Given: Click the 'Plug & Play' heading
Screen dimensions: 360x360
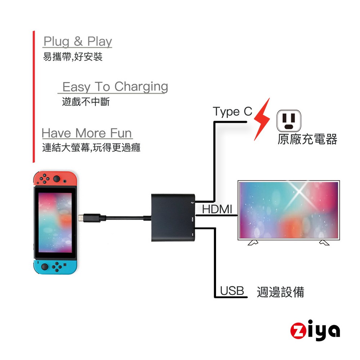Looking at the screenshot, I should (78, 42).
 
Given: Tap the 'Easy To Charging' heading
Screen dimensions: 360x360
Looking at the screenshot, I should (115, 87).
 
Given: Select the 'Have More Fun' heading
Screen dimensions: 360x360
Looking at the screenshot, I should (87, 133).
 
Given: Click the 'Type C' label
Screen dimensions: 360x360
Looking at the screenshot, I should (232, 112).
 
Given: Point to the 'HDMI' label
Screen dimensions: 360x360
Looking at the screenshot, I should (217, 209).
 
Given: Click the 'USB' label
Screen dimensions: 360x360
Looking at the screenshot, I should (232, 291).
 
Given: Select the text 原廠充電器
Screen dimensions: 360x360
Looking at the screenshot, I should (307, 140).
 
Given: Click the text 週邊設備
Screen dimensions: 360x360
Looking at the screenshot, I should (280, 292).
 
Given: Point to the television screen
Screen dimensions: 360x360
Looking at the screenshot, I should (289, 210).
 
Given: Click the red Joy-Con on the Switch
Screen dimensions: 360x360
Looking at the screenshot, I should (55, 178).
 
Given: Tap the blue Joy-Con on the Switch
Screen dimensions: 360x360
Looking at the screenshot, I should (55, 266).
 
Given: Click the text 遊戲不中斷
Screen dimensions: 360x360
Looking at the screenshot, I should (86, 102).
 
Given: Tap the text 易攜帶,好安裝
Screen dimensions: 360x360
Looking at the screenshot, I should (73, 57).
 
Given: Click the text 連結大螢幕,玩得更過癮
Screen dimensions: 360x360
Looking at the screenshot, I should (91, 148).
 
